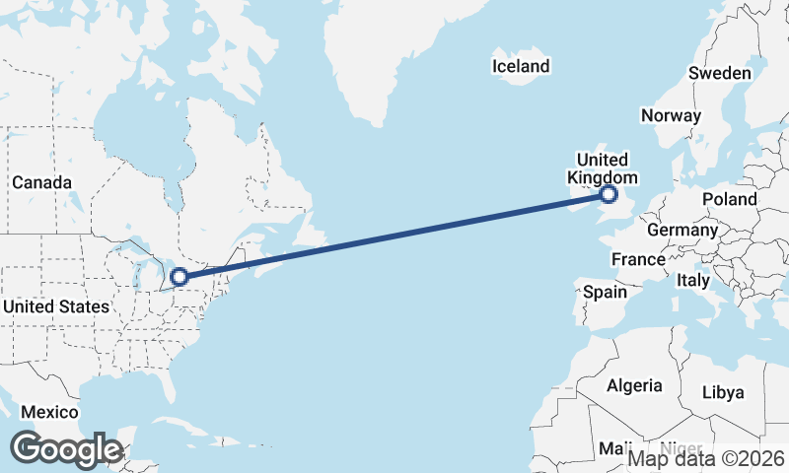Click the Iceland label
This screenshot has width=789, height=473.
click(x=521, y=67)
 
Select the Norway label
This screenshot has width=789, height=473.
click(x=671, y=115)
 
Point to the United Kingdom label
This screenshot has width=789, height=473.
click(x=602, y=169)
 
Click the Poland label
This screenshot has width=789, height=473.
click(x=730, y=199)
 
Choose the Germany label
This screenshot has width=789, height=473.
click(x=682, y=230)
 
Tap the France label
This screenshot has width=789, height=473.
click(x=638, y=260)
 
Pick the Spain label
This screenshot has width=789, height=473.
click(x=605, y=292)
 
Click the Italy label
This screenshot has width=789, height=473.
click(x=693, y=281)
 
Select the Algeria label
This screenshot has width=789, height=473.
click(x=634, y=385)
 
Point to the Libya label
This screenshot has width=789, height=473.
click(x=723, y=392)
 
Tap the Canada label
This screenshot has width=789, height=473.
click(x=41, y=182)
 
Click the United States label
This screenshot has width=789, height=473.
click(x=55, y=306)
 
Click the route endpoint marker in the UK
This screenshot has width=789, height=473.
click(x=609, y=195)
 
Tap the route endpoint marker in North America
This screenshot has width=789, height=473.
click(x=179, y=277)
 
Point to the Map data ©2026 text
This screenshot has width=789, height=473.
click(x=706, y=458)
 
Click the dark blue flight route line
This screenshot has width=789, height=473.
click(x=394, y=236)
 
